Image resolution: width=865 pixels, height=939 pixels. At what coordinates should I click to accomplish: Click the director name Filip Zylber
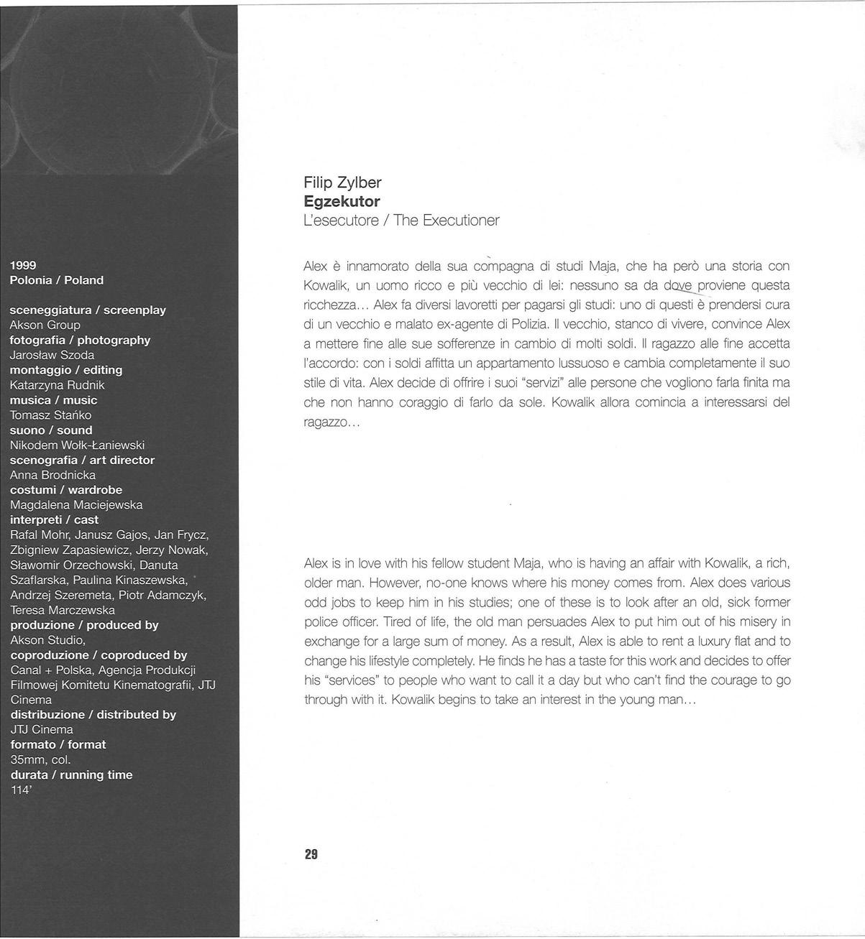coord(342,182)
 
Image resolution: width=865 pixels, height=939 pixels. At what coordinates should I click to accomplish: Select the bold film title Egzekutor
coord(342,201)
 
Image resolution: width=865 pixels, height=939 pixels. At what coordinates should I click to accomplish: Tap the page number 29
coord(311,854)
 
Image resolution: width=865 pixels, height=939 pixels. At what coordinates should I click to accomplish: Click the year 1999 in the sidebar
coord(23,265)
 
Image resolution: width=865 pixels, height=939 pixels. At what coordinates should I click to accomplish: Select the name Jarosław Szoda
coord(52,355)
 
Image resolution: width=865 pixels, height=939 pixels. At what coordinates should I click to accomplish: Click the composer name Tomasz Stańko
coord(50,415)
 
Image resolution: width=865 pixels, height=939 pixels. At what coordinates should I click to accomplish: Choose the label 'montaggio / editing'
coord(66,370)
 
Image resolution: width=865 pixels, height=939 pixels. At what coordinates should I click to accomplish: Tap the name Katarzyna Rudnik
coord(57,385)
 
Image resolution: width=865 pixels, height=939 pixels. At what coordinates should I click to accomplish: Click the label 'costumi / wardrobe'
coord(66,490)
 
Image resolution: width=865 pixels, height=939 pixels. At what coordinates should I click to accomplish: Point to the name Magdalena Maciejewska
coord(76,505)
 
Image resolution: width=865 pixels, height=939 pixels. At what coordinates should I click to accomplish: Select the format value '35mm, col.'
coord(40,759)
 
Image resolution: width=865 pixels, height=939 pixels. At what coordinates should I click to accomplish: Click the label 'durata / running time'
coord(71,774)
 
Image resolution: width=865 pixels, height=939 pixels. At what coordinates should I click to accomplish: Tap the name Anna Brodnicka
coord(52,475)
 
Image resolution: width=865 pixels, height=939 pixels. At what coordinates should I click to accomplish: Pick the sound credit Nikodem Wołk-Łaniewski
coord(77,445)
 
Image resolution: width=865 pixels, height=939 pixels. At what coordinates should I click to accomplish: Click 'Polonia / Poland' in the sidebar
coord(57,280)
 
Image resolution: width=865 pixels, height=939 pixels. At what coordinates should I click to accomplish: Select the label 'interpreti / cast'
coord(55,520)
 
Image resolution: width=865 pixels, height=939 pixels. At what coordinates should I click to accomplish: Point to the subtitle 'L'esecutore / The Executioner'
coord(401,221)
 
